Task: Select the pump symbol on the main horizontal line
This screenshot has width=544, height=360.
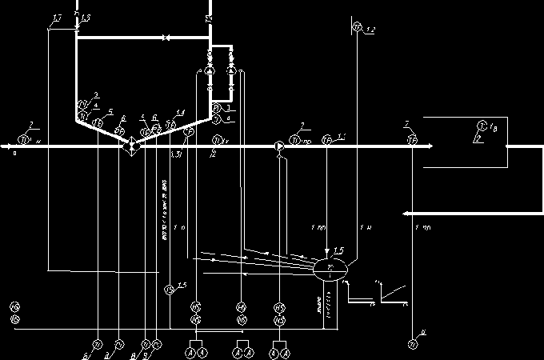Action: (x=278, y=146)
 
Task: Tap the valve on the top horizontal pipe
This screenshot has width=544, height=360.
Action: (x=165, y=38)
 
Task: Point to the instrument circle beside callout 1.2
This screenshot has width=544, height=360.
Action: (x=357, y=29)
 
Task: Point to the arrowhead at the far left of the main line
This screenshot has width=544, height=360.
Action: (x=5, y=146)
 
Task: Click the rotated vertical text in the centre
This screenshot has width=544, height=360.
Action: (x=165, y=211)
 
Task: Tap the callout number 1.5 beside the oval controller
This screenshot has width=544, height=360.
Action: (x=339, y=251)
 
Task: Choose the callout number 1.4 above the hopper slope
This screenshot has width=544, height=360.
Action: (x=181, y=111)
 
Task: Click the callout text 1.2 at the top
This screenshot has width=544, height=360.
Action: (x=370, y=30)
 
